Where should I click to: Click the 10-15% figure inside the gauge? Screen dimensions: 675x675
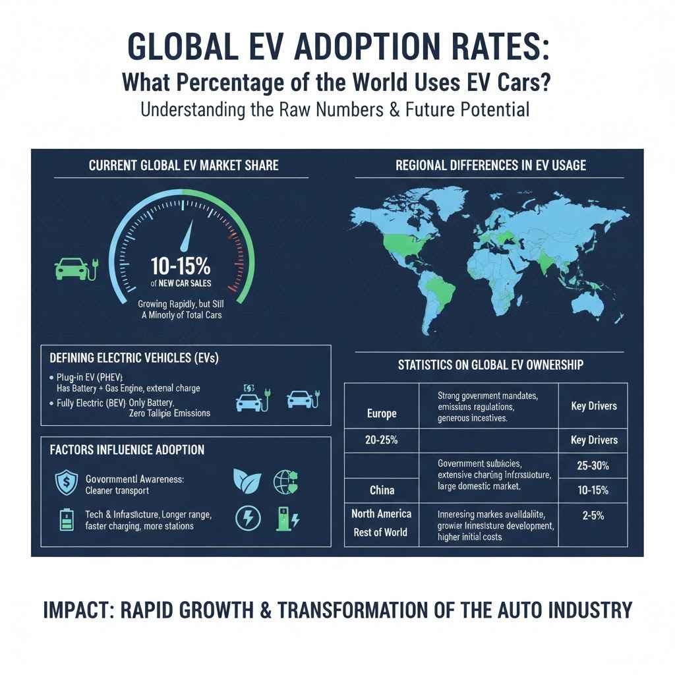click(180, 266)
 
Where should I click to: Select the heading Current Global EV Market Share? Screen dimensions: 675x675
click(183, 165)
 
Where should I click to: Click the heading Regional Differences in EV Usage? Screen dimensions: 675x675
click(490, 165)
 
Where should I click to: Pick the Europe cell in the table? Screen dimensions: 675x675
click(382, 413)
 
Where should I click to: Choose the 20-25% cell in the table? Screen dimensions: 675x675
click(382, 440)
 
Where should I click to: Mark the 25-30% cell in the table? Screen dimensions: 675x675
click(592, 465)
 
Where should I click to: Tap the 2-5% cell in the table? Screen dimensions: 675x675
click(592, 517)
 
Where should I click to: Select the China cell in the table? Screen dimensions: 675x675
click(382, 490)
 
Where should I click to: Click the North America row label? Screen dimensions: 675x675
click(381, 514)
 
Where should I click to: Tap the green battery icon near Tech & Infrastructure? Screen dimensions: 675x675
click(67, 520)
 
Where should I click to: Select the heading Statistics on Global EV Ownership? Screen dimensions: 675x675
click(490, 364)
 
